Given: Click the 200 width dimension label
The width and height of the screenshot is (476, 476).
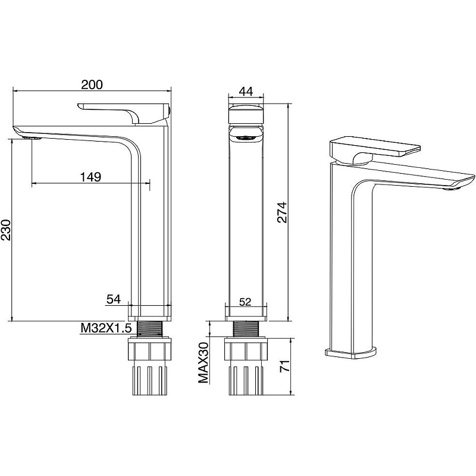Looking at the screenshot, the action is pos(92,84).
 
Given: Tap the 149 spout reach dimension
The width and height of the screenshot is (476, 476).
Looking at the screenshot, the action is pos(90,177).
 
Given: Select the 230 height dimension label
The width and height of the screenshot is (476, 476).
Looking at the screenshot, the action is pos(6,230).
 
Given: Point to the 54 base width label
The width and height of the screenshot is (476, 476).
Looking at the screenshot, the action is pos(114,299).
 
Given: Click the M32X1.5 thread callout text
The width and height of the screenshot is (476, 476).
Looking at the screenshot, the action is pos(106,328).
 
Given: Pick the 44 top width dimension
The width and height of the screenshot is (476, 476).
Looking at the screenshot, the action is pos(246,91).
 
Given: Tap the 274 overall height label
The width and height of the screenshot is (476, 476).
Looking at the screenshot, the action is pos(282,212).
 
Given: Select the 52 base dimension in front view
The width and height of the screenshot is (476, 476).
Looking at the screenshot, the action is pos(245,302).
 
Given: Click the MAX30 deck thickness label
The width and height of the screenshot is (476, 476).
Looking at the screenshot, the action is pos(203,362).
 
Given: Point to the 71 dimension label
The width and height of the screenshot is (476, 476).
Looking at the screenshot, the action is pos(284,366).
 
